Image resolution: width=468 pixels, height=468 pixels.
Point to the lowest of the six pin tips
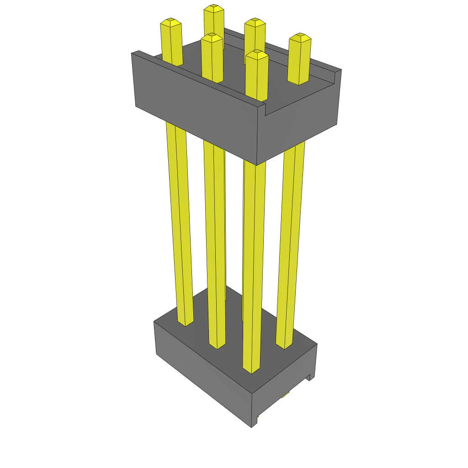256,55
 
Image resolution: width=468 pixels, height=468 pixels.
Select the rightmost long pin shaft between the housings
291,242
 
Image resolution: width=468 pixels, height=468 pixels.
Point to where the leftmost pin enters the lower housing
185,322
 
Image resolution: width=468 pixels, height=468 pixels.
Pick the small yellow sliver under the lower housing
285,394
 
